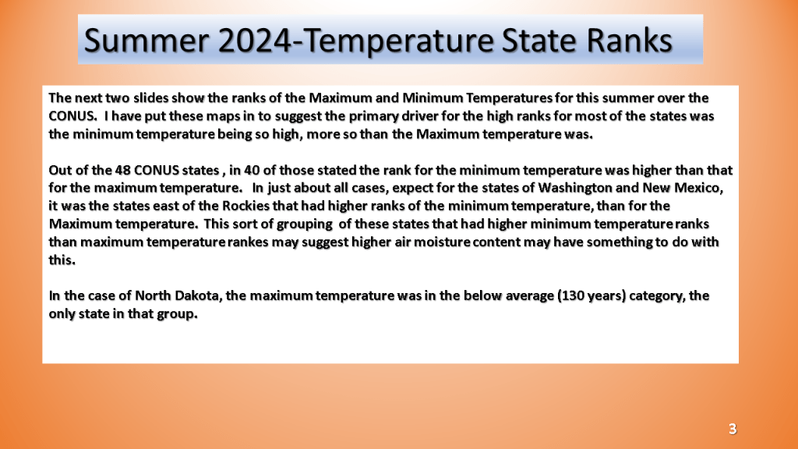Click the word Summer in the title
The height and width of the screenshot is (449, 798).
147,41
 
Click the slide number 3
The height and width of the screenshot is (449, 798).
733,429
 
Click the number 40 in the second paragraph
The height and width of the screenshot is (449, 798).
252,170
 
